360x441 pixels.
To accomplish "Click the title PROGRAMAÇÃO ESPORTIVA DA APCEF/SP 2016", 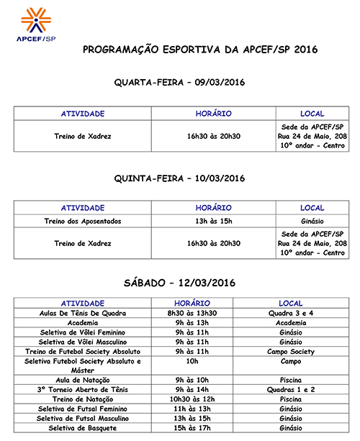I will (x=199, y=50).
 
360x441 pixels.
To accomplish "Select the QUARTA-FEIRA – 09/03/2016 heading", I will (x=180, y=83).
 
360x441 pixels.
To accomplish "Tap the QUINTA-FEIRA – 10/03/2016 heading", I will (x=180, y=178).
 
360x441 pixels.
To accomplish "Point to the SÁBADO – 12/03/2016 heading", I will (x=180, y=282).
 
